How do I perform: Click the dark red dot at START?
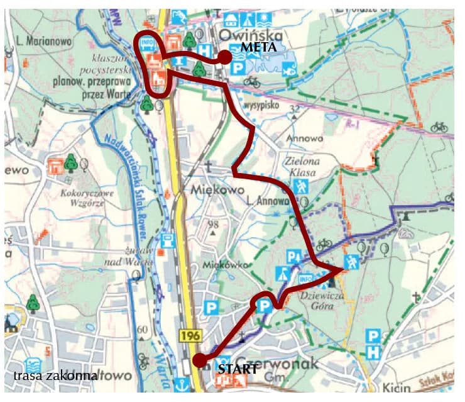coord(199,360)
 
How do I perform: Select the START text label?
coord(238,369)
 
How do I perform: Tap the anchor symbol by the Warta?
coord(182,382)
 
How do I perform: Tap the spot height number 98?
coord(214,225)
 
